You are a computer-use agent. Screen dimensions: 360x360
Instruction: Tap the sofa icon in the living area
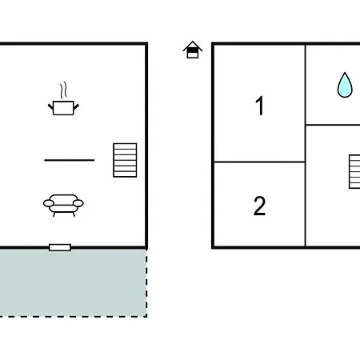(x=63, y=205)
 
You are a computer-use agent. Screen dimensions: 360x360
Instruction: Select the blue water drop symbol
(x=345, y=85)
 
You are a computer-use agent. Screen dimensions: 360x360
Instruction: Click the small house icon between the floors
(x=193, y=50)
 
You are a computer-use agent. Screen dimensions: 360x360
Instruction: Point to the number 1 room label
(x=260, y=106)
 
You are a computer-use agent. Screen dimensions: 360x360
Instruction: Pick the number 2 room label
(x=259, y=206)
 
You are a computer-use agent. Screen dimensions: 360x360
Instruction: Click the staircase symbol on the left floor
(x=125, y=160)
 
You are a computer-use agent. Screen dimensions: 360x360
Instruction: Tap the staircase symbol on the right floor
(x=354, y=172)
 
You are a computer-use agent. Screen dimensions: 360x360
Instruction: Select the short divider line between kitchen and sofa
(x=70, y=160)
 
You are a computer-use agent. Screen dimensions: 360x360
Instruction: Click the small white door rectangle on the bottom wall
(x=60, y=247)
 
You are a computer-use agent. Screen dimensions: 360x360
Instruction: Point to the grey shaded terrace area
(x=73, y=283)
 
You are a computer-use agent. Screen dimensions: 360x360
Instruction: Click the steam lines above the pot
(x=63, y=90)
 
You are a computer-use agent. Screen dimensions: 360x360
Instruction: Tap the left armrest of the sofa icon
(x=49, y=203)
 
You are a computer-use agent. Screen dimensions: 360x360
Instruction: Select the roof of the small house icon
(x=193, y=46)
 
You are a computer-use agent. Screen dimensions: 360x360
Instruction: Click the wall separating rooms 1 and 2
(x=259, y=162)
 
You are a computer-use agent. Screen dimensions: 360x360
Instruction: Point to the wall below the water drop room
(x=333, y=125)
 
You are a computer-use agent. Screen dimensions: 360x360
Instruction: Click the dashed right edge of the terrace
(x=146, y=283)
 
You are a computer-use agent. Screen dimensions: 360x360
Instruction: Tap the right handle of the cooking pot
(x=76, y=107)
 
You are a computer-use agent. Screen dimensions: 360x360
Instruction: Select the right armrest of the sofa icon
(x=78, y=203)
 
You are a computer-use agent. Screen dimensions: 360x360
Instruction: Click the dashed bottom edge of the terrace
(x=74, y=317)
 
